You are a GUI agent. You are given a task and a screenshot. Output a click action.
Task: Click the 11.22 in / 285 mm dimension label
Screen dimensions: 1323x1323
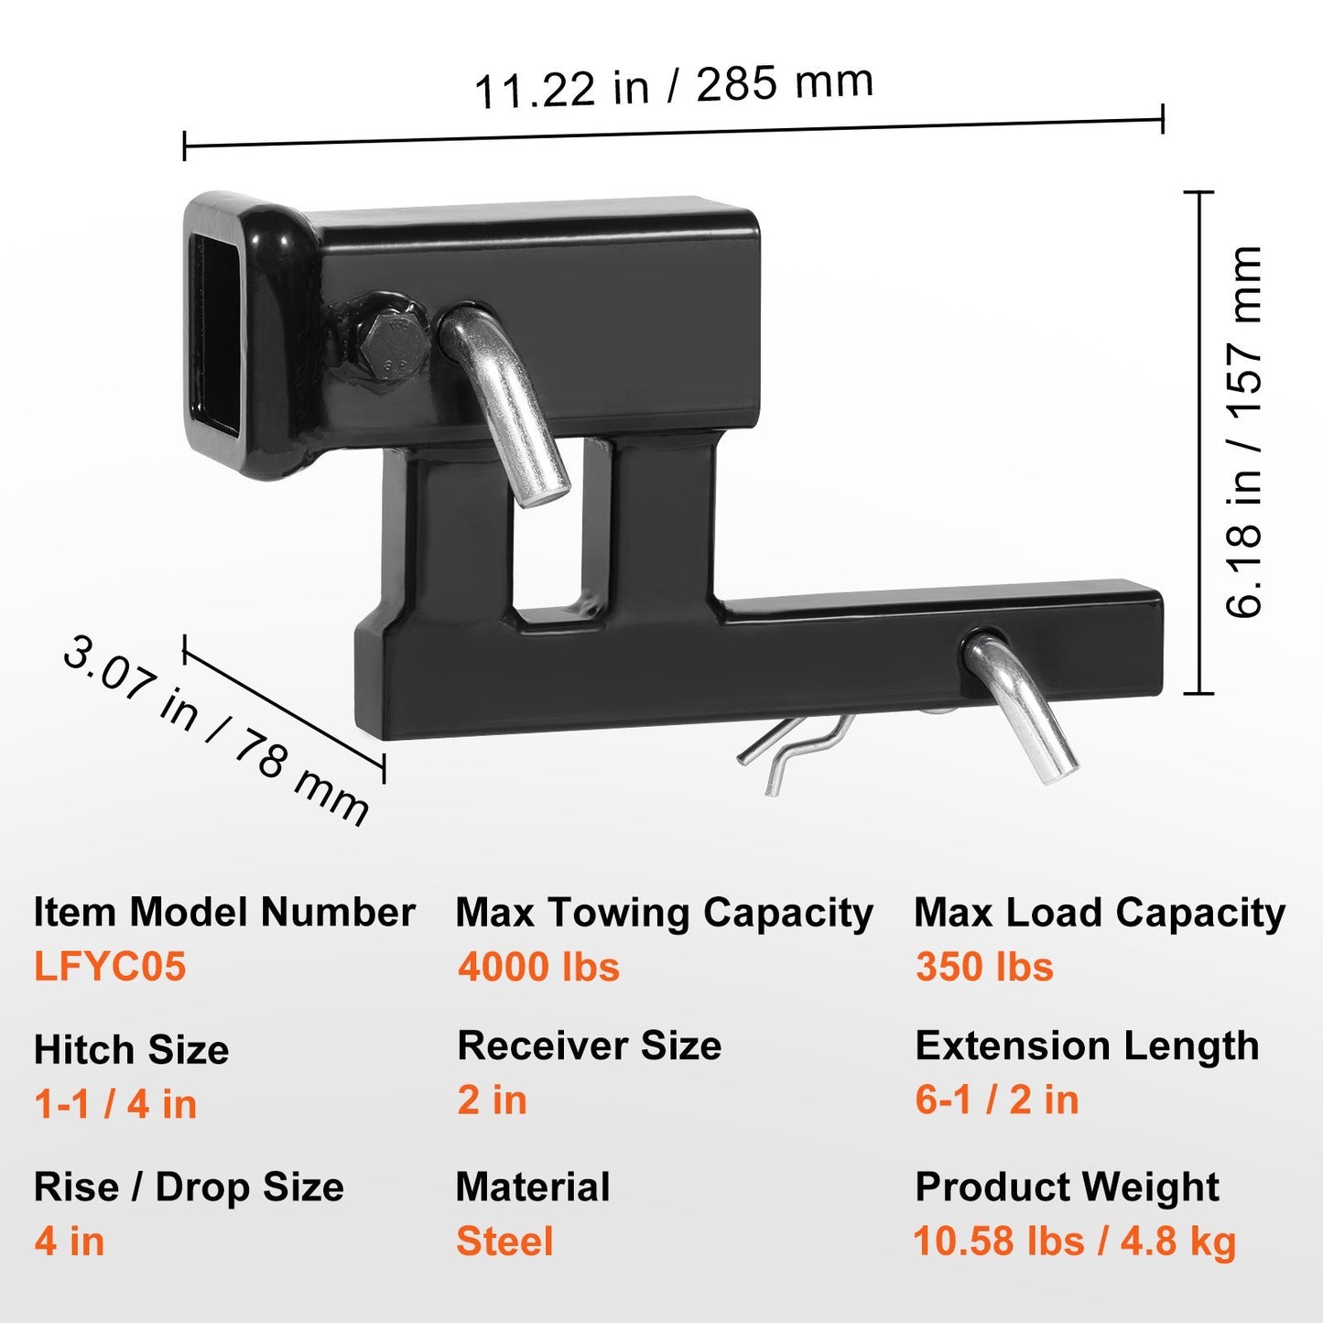point(674,87)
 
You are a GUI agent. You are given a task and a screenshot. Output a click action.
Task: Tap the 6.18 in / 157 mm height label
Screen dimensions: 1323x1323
point(1244,432)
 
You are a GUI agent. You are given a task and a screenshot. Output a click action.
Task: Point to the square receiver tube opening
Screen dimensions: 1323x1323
point(218,337)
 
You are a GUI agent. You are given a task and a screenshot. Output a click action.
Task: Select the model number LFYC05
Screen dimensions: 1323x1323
point(110,967)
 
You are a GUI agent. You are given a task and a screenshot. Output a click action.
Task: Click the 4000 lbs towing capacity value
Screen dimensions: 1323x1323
point(539,967)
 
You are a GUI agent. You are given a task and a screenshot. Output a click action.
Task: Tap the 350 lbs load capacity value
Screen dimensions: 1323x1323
point(984,967)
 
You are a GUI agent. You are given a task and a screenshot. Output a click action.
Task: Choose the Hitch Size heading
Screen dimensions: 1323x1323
point(131,1049)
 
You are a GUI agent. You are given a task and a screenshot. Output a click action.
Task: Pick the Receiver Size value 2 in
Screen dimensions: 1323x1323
point(493,1101)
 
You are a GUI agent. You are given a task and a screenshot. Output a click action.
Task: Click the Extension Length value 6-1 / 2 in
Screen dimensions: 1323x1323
point(997,1101)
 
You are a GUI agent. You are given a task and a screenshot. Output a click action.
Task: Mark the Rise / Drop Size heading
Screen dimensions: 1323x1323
point(189,1187)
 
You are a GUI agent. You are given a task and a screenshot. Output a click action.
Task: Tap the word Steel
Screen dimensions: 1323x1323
point(505,1242)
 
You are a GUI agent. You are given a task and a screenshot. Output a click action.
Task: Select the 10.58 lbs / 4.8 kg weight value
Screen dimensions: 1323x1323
point(1075,1242)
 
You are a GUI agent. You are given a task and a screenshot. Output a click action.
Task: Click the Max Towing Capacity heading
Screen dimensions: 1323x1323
point(665,913)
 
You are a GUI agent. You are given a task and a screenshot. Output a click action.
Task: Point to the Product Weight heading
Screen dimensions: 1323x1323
point(1067,1187)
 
